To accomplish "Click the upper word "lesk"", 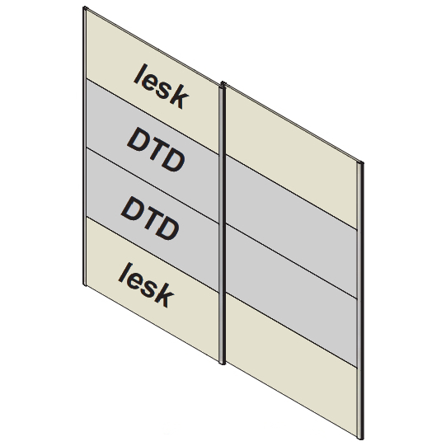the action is tap(162, 87).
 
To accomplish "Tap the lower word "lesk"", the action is tap(146, 284).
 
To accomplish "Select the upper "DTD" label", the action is tap(156, 149).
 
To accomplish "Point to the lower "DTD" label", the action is tap(150, 218).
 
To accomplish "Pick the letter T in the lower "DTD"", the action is tap(151, 218).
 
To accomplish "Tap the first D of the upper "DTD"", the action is tap(138, 140).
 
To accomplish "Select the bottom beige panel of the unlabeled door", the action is tap(291, 367).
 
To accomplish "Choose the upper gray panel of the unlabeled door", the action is tap(291, 227).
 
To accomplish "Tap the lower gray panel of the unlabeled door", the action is tap(291, 296).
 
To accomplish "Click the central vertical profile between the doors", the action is tap(223, 223).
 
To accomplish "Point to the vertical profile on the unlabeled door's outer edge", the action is tap(360, 300).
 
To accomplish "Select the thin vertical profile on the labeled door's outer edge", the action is tap(84, 146).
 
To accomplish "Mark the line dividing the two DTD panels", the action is tap(153, 185).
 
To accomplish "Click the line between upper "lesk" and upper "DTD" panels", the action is tap(153, 116).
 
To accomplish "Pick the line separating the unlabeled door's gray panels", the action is tap(292, 261).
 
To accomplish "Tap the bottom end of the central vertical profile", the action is tap(223, 364).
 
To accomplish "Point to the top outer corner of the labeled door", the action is tap(84, 7).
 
